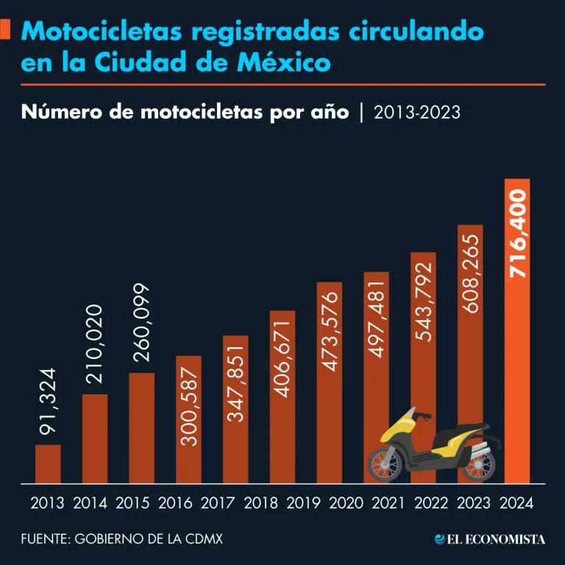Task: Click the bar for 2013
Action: pos(48,464)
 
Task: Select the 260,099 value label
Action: pos(141,324)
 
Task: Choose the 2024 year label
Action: pos(516,504)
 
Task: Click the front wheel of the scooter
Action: pos(385,462)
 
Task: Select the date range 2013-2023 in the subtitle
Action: pos(416,112)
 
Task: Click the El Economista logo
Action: pos(490,539)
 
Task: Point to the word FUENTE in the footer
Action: pos(43,539)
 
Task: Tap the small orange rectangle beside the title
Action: pos(5,30)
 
